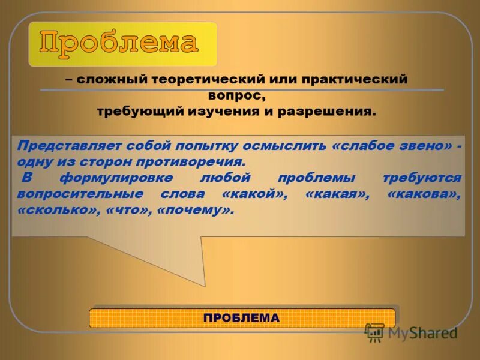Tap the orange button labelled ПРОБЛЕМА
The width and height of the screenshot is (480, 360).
point(242,318)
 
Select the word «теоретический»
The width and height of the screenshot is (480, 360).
point(193,79)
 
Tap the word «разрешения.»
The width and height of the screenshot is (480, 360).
point(326,112)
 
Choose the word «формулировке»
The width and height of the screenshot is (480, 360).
point(118,178)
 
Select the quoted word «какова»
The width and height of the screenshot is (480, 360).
point(425,194)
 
